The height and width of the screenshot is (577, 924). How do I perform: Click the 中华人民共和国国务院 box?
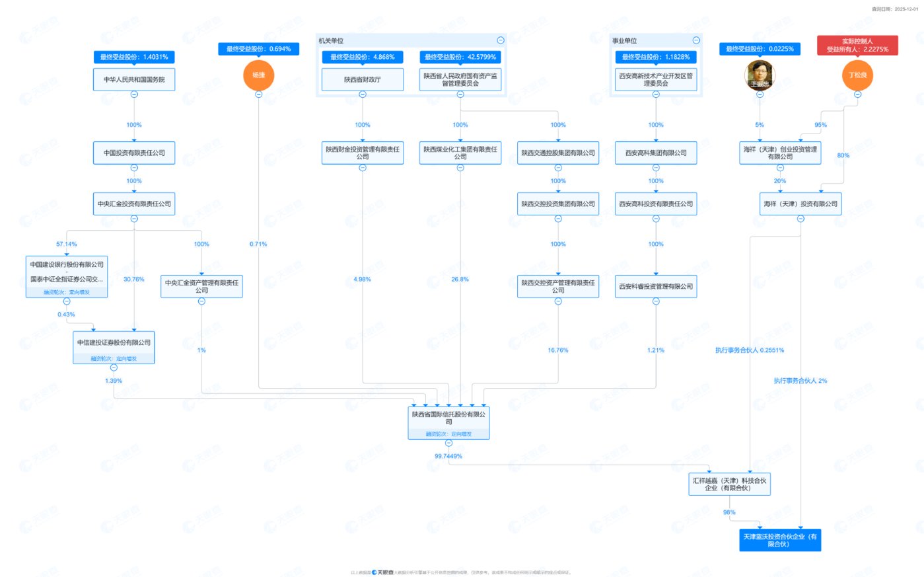point(134,79)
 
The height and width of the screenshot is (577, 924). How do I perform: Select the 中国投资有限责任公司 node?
point(134,153)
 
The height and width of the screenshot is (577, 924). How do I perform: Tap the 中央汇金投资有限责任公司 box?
point(134,204)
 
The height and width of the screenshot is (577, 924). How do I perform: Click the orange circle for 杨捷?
point(258,75)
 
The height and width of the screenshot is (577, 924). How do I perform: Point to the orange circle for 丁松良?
point(857,75)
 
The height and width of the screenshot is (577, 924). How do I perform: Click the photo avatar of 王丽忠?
point(760,75)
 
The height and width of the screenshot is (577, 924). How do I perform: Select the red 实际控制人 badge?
point(857,45)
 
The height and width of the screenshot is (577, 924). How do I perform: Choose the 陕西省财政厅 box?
point(362,79)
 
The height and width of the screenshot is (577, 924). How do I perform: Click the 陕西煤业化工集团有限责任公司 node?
point(460,153)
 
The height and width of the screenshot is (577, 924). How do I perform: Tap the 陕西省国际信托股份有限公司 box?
point(448,418)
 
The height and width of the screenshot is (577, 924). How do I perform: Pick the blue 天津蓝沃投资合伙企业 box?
point(780,540)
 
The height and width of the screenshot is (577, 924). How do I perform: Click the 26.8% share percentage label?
point(460,280)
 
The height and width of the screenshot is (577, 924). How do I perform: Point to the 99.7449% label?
point(448,456)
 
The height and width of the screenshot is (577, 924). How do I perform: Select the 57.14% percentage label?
point(67,244)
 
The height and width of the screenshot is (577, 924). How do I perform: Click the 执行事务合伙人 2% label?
point(800,381)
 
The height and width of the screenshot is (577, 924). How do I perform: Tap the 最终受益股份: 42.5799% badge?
point(460,57)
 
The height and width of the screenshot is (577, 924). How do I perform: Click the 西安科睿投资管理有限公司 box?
point(656,286)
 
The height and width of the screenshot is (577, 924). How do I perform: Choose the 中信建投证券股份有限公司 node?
point(114,342)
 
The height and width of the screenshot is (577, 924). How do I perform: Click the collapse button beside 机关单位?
point(501,40)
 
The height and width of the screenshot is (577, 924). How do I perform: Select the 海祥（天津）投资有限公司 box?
point(800,204)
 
